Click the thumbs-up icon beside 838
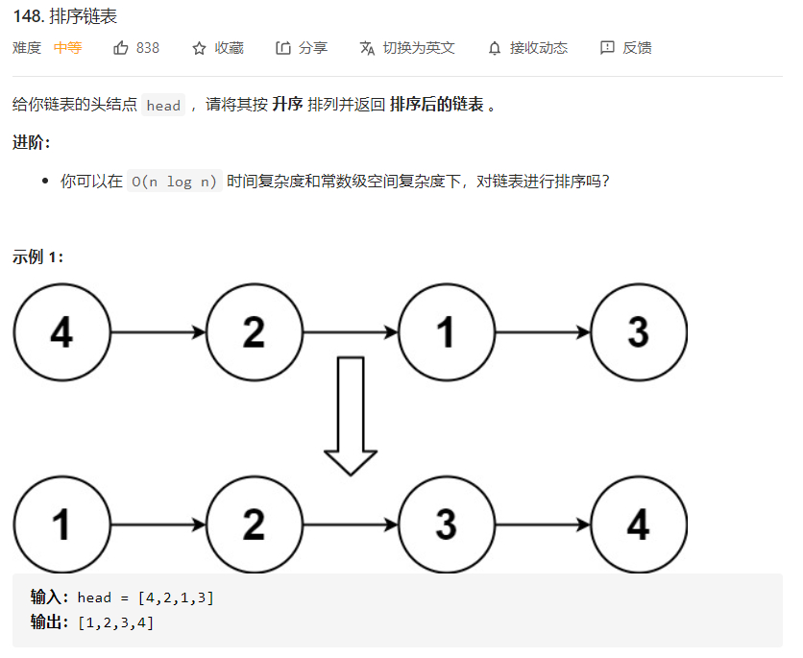pyautogui.click(x=121, y=47)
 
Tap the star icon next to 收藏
pyautogui.click(x=199, y=47)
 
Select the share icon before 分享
pyautogui.click(x=282, y=47)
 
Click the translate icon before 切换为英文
pyautogui.click(x=367, y=47)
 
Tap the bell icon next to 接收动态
pyautogui.click(x=495, y=47)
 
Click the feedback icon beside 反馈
pyautogui.click(x=607, y=47)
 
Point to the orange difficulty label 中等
pyautogui.click(x=67, y=47)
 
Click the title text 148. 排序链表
pyautogui.click(x=65, y=16)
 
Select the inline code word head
pyautogui.click(x=163, y=106)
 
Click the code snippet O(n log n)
pyautogui.click(x=174, y=182)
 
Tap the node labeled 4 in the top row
pyautogui.click(x=61, y=332)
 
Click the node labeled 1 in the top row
pyautogui.click(x=446, y=332)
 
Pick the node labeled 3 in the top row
pyautogui.click(x=639, y=332)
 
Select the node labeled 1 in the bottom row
pyautogui.click(x=61, y=524)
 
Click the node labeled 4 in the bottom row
pyautogui.click(x=639, y=524)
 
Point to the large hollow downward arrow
pyautogui.click(x=351, y=415)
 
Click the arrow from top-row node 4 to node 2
pyautogui.click(x=158, y=332)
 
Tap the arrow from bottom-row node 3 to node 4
pyautogui.click(x=542, y=524)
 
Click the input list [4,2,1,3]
pyautogui.click(x=176, y=597)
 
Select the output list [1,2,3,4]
pyautogui.click(x=115, y=622)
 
